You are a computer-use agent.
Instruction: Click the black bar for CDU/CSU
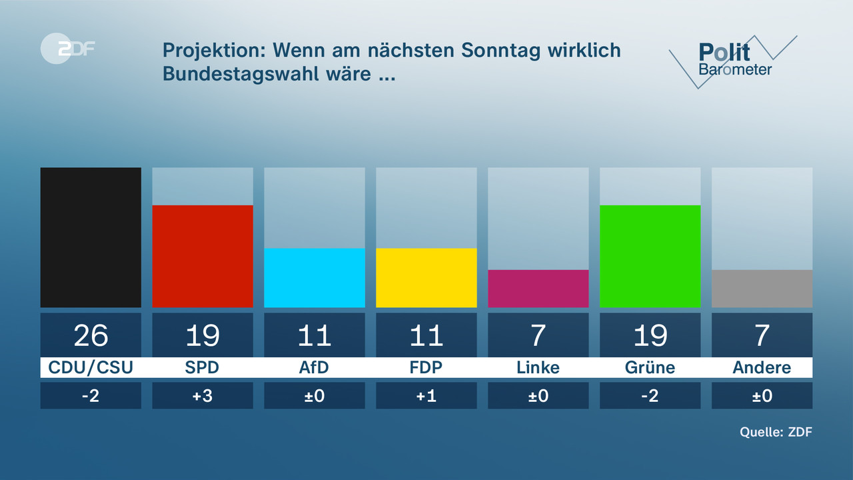91,237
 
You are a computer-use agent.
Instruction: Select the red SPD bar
203,256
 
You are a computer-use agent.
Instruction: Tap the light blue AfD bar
315,278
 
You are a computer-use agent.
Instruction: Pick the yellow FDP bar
426,278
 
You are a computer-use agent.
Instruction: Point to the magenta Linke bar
538,289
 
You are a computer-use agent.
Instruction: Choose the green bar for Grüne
650,256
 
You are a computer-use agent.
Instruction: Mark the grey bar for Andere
762,289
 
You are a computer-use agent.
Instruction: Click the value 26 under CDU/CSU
91,335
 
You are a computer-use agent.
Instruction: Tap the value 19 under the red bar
203,335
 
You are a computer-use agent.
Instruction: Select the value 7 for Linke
538,335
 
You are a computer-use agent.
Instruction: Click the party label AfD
315,368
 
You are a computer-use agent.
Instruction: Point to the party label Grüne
650,368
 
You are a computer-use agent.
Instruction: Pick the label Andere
762,368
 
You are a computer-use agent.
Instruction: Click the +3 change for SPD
203,395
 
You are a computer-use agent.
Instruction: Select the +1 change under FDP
426,395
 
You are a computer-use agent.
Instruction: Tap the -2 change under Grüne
650,395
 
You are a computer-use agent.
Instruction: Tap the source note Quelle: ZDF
776,432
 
